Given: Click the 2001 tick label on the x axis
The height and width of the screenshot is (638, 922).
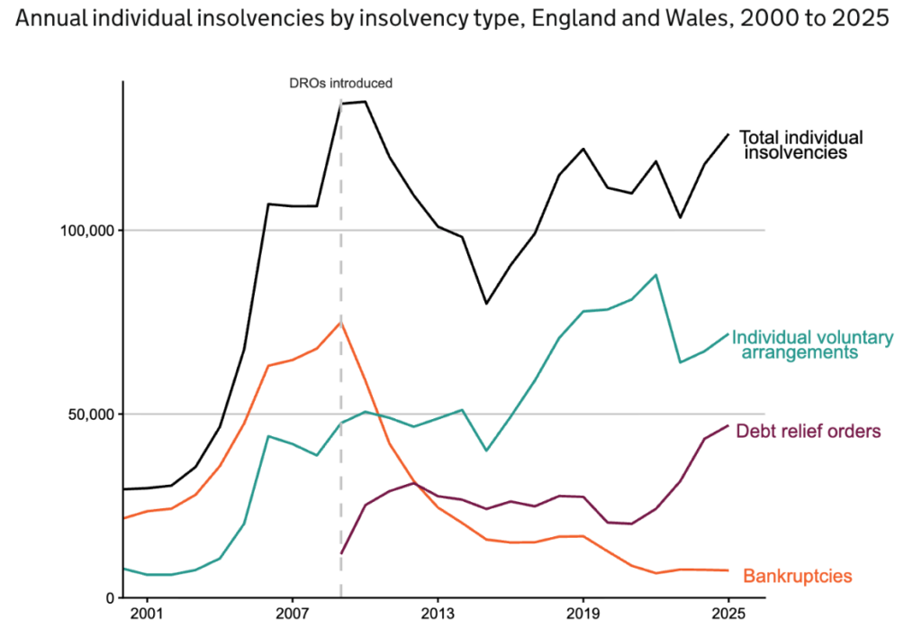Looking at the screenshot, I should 146,616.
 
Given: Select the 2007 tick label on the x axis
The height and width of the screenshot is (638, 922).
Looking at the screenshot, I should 292,616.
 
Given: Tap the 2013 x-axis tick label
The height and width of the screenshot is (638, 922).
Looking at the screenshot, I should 438,616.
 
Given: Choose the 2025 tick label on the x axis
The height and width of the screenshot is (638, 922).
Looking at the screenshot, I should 728,616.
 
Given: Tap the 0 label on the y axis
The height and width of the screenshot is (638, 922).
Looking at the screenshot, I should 108,598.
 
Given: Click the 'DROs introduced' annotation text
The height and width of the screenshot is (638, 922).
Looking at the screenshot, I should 340,83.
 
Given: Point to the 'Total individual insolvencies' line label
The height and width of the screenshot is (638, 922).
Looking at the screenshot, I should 800,145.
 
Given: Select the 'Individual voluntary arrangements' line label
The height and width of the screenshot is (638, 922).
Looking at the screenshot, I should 812,345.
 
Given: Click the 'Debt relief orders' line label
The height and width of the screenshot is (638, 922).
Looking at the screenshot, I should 808,432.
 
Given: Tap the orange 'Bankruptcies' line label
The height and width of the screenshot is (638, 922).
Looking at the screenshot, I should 797,576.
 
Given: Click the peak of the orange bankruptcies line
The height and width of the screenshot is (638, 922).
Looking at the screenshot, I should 340,323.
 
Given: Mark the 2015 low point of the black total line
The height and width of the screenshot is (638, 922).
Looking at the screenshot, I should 486,304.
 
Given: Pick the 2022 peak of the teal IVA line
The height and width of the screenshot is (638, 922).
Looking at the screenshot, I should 655,275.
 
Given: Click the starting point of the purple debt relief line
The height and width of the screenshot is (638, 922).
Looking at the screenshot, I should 341,553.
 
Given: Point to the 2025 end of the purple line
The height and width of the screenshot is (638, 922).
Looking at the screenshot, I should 728,425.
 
